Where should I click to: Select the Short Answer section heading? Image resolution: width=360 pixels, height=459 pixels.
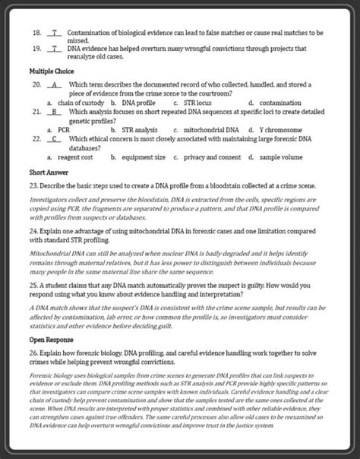tap(38, 172)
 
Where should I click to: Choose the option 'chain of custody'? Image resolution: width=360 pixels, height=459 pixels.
tap(75, 102)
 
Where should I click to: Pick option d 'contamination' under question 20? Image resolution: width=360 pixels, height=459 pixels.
tap(280, 102)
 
